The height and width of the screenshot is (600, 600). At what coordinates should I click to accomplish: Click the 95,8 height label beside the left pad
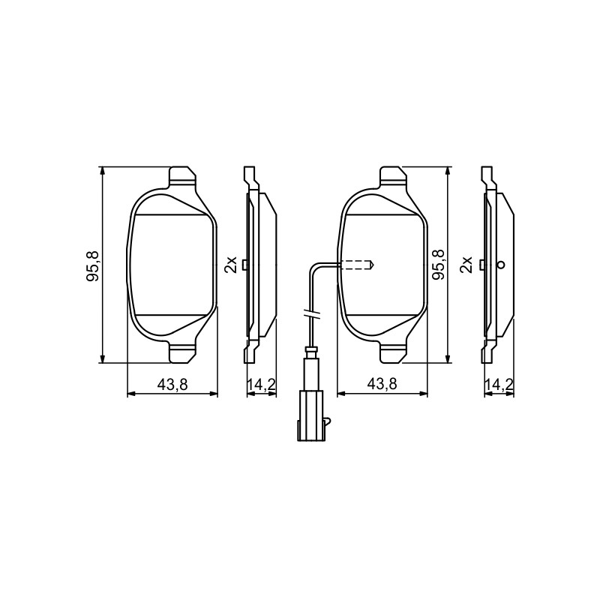pyautogui.click(x=93, y=265)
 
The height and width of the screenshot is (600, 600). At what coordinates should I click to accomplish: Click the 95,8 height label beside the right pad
pyautogui.click(x=438, y=264)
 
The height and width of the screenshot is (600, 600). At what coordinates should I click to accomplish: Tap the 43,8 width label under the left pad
pyautogui.click(x=172, y=384)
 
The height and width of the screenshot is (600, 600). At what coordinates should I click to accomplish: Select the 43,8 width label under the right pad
pyautogui.click(x=382, y=384)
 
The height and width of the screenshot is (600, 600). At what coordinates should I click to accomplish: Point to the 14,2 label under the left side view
pyautogui.click(x=261, y=384)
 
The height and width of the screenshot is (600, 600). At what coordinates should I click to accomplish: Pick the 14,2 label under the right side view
pyautogui.click(x=499, y=384)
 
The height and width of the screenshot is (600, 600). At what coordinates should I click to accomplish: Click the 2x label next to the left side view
pyautogui.click(x=231, y=264)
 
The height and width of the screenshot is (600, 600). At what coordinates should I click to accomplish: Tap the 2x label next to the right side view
pyautogui.click(x=466, y=264)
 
